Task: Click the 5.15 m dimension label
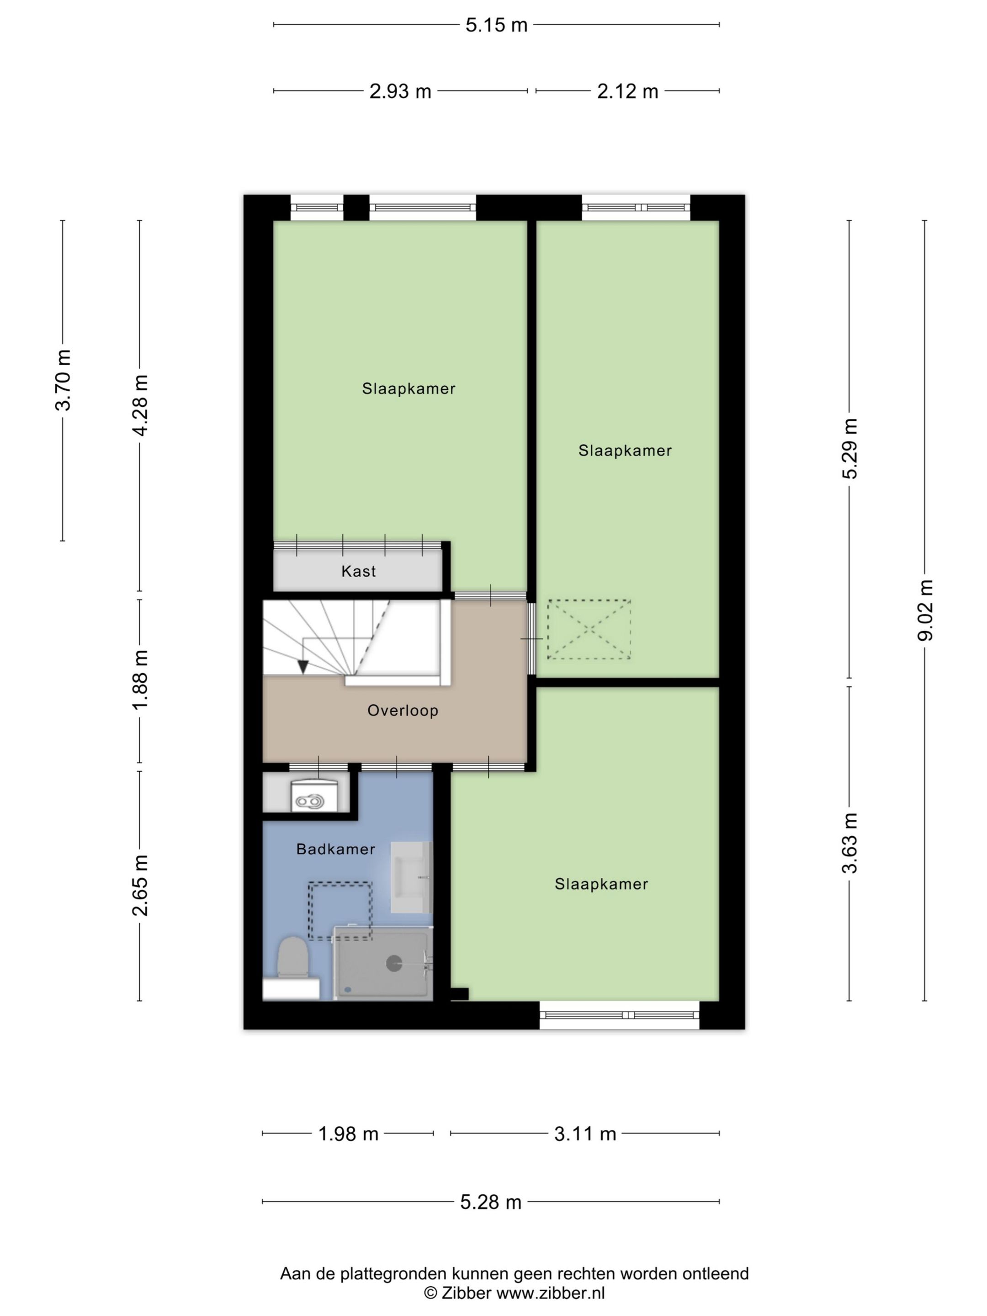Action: point(496,25)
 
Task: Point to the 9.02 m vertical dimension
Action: point(925,610)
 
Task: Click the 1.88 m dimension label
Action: point(140,680)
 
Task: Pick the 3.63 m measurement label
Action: point(849,843)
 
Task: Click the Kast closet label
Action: point(358,572)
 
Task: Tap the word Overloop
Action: point(402,711)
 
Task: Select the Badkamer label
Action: point(335,849)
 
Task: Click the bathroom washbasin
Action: point(410,877)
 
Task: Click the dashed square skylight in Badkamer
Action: point(340,910)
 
